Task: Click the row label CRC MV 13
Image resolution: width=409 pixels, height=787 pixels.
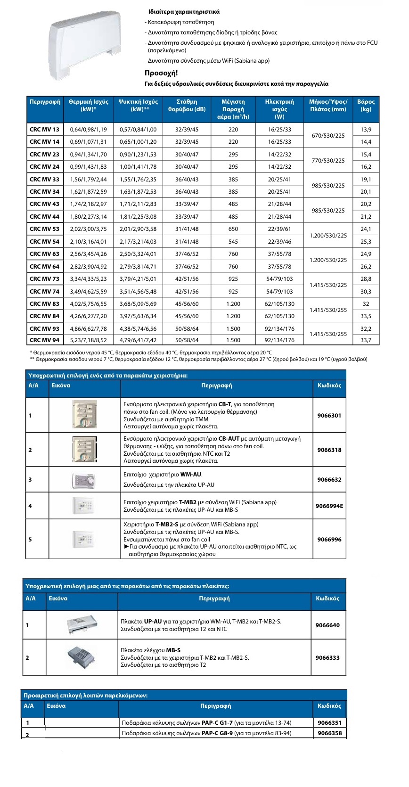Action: coord(45,130)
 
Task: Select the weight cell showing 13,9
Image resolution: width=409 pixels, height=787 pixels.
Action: coord(366,130)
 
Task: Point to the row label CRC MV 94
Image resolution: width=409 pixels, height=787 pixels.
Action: coord(45,340)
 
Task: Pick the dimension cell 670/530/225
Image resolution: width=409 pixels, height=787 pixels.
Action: coord(328,136)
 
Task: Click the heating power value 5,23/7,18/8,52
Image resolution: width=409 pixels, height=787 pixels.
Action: coord(88,340)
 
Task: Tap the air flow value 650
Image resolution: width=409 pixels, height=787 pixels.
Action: coord(233,229)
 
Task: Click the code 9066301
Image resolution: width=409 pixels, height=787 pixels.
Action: coord(329,416)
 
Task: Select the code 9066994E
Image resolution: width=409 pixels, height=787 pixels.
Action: coord(329,506)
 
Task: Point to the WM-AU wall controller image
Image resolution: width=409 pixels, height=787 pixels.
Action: coord(84,480)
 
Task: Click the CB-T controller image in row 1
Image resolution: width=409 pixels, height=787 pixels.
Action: coord(84,415)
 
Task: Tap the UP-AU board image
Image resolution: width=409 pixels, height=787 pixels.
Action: coord(82,625)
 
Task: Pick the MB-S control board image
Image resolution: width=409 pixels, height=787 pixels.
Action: coord(81,657)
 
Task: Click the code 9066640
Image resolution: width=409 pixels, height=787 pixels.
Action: coord(327,625)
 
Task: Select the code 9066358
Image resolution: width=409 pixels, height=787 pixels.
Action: coord(329,733)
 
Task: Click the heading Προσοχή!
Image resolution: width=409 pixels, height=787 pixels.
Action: coord(161,73)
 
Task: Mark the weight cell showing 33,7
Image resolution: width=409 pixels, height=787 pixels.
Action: coord(366,340)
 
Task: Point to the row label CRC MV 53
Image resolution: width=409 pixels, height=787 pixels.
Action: coord(45,229)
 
